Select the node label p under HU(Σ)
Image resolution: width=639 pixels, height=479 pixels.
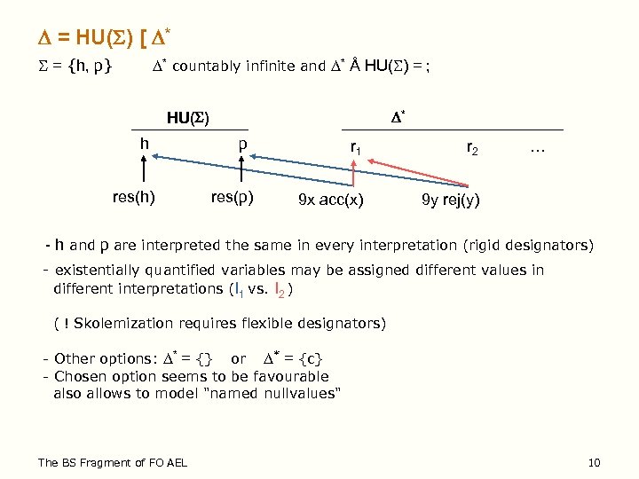point(241,146)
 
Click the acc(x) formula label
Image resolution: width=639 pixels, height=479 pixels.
point(330,200)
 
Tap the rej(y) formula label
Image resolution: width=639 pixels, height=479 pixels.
point(450,200)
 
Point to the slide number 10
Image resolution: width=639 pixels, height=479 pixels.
point(595,462)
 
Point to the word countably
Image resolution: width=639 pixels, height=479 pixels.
point(205,66)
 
